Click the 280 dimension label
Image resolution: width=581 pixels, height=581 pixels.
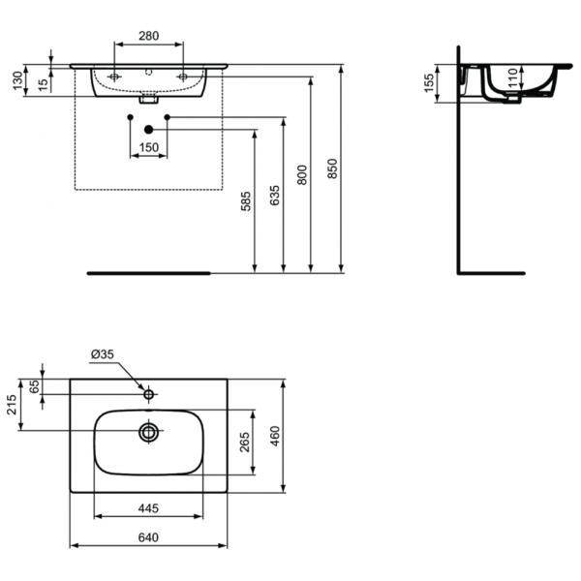coord(149,36)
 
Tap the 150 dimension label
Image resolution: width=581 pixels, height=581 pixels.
coord(148,147)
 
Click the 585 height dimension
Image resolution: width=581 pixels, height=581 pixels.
coord(246,200)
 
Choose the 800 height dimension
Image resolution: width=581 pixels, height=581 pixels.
coord(302,174)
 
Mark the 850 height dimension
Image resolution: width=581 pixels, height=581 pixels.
coord(332,169)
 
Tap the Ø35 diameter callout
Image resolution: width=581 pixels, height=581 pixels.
coord(103,354)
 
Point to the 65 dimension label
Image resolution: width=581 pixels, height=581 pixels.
coord(36,384)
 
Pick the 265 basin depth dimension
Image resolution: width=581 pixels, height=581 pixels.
coord(244,442)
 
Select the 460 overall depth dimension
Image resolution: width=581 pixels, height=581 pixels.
coord(275,436)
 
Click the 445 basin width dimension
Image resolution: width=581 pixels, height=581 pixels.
coord(148,507)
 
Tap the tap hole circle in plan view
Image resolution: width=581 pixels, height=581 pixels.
coord(148,394)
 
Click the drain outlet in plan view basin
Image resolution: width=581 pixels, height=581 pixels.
coord(148,432)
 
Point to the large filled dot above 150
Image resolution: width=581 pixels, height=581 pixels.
coord(148,129)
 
